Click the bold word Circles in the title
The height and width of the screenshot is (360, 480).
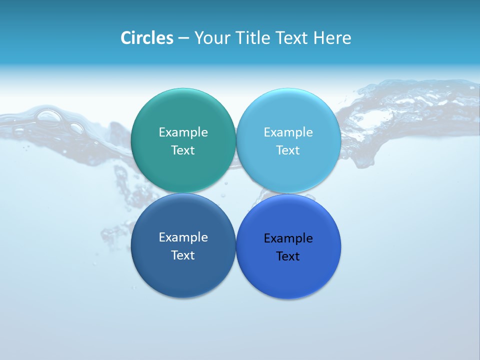tap(146, 38)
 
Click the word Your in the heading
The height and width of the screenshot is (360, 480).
tap(210, 38)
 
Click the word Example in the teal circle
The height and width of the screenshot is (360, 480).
tap(183, 132)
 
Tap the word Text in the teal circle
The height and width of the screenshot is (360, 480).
tap(183, 150)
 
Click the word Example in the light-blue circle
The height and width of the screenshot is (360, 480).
tap(288, 132)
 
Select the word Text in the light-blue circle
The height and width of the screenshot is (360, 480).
tap(288, 150)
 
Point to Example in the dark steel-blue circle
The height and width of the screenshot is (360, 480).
tap(183, 237)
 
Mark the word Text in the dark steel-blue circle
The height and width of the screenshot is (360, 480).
tap(183, 255)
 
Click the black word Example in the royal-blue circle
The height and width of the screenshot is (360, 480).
tap(288, 238)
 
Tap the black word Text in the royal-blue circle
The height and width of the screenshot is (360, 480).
tap(288, 256)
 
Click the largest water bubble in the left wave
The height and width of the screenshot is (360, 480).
tap(49, 116)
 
